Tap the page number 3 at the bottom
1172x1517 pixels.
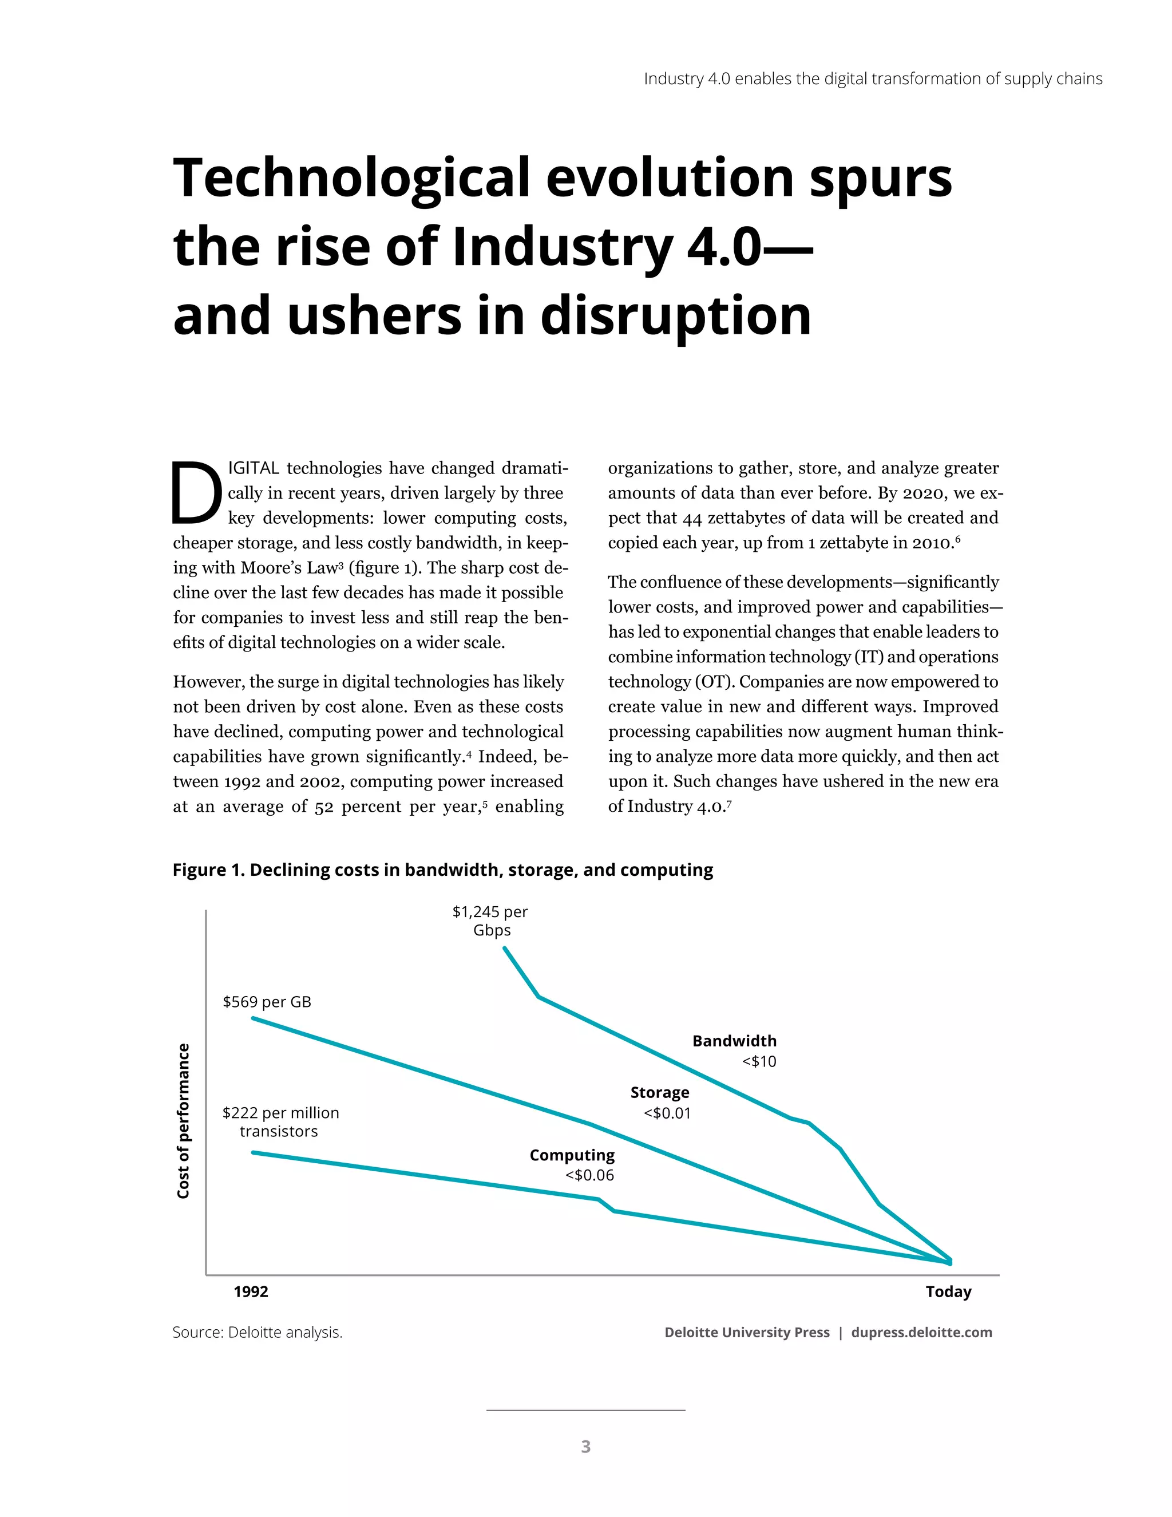[x=585, y=1446]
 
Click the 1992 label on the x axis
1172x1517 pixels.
[x=251, y=1291]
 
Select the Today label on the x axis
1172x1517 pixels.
[x=948, y=1291]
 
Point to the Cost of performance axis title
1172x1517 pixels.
[x=183, y=1121]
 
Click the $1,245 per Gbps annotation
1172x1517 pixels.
[x=490, y=921]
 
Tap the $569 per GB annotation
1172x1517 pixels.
[x=267, y=1002]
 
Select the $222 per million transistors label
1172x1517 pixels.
[x=280, y=1122]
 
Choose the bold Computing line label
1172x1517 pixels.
[x=572, y=1155]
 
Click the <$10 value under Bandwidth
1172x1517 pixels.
[x=759, y=1061]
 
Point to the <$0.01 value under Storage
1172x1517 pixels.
[x=667, y=1113]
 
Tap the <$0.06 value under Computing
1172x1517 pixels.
[x=589, y=1175]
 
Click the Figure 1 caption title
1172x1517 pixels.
[x=442, y=870]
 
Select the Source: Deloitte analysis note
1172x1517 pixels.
[x=258, y=1332]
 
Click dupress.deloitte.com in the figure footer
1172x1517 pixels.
[x=921, y=1332]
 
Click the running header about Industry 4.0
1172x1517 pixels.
[x=873, y=78]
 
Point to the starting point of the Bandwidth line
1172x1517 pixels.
[x=504, y=947]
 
